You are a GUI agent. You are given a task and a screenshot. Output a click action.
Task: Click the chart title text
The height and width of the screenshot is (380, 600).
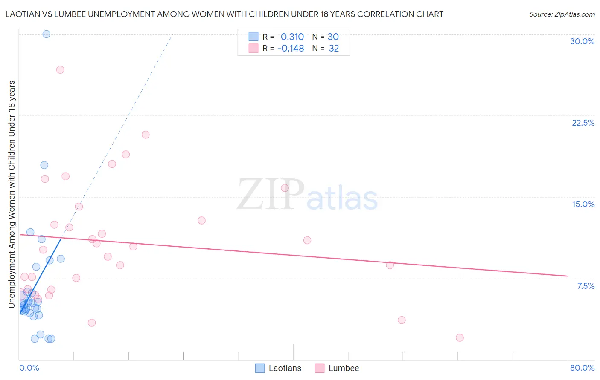pyautogui.click(x=224, y=14)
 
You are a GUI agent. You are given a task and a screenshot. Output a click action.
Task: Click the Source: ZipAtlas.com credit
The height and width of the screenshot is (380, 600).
pyautogui.click(x=562, y=14)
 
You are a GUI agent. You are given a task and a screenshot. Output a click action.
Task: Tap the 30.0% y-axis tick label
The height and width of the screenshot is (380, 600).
pyautogui.click(x=582, y=41)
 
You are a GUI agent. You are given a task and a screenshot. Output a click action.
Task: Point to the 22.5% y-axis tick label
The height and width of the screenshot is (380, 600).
pyautogui.click(x=583, y=123)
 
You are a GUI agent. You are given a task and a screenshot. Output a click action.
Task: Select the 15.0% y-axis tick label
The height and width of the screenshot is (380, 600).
pyautogui.click(x=583, y=204)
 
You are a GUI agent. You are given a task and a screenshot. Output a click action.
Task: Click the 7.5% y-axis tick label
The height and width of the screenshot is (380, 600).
pyautogui.click(x=585, y=286)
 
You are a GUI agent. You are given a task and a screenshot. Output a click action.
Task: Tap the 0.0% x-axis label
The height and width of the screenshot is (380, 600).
pyautogui.click(x=29, y=368)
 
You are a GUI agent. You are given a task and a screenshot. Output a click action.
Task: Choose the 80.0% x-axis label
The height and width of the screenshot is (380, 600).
pyautogui.click(x=582, y=368)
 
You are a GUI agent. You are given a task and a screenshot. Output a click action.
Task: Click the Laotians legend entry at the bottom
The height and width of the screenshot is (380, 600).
pyautogui.click(x=278, y=368)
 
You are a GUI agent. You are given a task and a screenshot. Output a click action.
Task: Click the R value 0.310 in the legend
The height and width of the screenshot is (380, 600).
pyautogui.click(x=292, y=37)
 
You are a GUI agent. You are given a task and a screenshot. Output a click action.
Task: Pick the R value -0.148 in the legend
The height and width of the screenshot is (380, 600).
pyautogui.click(x=291, y=49)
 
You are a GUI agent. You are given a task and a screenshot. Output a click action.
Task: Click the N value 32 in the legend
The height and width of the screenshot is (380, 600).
pyautogui.click(x=334, y=49)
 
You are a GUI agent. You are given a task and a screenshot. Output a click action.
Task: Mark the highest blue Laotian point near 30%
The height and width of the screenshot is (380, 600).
pyautogui.click(x=47, y=34)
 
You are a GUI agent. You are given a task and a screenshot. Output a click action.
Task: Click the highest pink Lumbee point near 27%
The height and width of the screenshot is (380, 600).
pyautogui.click(x=60, y=70)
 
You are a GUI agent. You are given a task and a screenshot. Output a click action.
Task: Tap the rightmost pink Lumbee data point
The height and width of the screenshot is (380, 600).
pyautogui.click(x=460, y=337)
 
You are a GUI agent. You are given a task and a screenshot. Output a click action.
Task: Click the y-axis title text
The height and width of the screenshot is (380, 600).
pyautogui.click(x=12, y=194)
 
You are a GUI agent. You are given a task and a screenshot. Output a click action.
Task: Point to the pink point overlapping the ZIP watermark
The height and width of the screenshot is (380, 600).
pyautogui.click(x=285, y=188)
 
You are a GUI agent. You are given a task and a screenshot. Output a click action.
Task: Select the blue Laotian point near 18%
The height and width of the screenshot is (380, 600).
pyautogui.click(x=44, y=165)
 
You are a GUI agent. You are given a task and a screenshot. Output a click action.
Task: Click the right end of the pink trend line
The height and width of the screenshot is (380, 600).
pyautogui.click(x=568, y=276)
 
